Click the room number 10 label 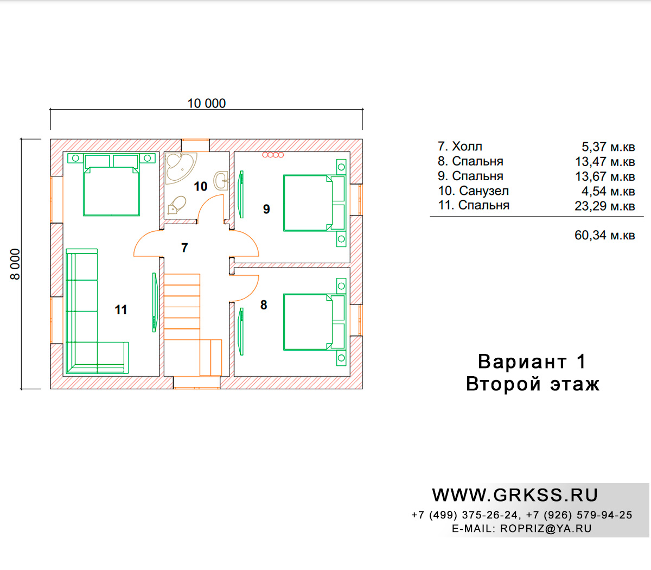pos(201,186)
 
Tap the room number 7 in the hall pos(184,248)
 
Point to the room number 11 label pos(121,309)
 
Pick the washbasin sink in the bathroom pos(221,181)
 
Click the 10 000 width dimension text pos(207,104)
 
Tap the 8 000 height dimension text pos(15,264)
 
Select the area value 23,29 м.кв pos(604,206)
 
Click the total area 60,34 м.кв pos(604,235)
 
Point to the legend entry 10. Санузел pos(474,191)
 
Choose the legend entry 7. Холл pos(460,147)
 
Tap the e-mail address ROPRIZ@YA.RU pos(546,529)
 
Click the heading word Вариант pos(522,362)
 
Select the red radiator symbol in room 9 pos(273,155)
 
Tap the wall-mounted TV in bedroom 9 pos(241,194)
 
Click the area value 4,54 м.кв pos(608,192)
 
